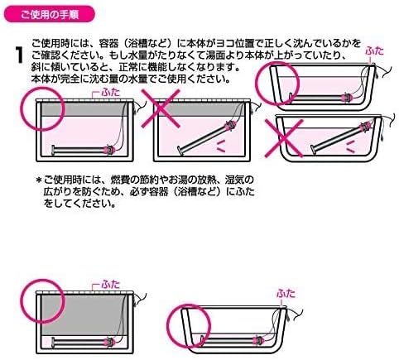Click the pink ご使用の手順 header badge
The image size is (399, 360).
(x=50, y=14)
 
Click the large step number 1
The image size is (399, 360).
(x=19, y=55)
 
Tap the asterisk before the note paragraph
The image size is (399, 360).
(x=38, y=180)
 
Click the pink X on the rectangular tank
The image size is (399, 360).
(x=161, y=108)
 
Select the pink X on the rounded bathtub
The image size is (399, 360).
(x=284, y=138)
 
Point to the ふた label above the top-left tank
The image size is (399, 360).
(x=111, y=92)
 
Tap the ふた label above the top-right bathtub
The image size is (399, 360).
(x=374, y=51)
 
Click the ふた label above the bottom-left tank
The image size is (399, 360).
(x=111, y=285)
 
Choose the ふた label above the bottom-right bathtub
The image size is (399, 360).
(x=286, y=293)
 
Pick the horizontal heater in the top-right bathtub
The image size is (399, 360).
(x=320, y=98)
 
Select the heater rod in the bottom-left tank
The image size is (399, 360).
(x=84, y=343)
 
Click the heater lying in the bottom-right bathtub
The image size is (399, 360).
(x=233, y=341)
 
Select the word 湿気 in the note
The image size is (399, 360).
(x=235, y=180)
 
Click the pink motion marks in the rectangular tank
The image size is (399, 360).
(x=221, y=146)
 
